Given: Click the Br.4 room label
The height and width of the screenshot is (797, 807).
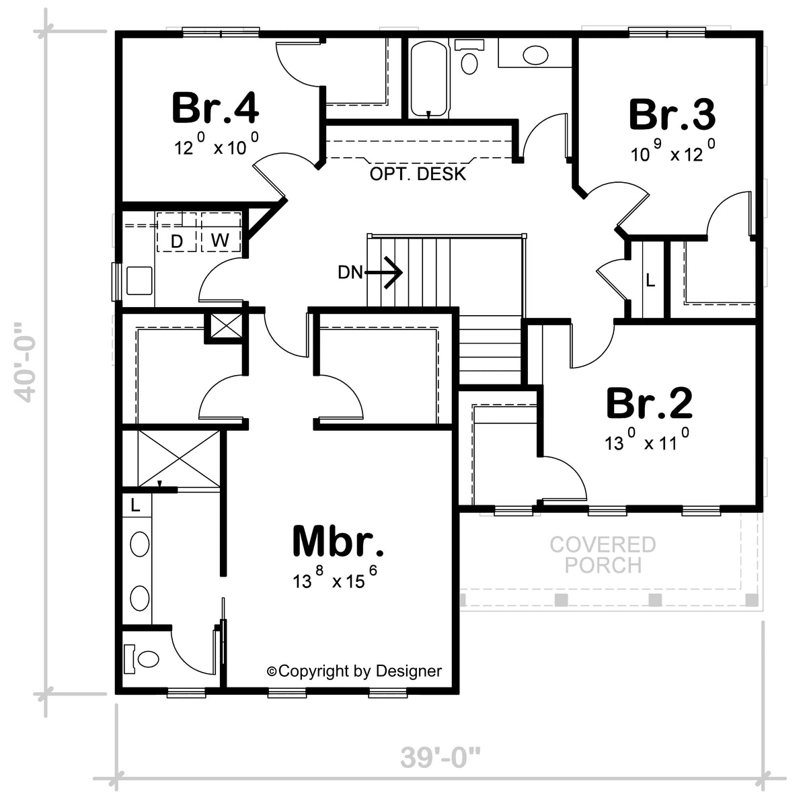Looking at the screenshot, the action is coord(215,108).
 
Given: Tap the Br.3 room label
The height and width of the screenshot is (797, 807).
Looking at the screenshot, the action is coord(672,114).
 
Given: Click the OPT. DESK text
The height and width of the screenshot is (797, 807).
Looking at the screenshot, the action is coord(418,174).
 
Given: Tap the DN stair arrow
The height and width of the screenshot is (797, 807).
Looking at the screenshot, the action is coord(383,273).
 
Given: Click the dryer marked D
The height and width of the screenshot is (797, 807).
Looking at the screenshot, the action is coord(177,233).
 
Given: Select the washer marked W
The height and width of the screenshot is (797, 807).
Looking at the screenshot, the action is coord(221,233).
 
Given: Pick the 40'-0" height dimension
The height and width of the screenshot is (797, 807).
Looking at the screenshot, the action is coord(24,362).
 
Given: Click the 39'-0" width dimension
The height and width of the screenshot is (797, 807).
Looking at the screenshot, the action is coord(440,757).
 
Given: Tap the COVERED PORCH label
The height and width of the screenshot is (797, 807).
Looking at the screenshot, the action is coord(603,554).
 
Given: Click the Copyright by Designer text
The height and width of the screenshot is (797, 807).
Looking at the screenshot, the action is coord(354,671).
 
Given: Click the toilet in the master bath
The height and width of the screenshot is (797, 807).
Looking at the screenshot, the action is coord(142,659).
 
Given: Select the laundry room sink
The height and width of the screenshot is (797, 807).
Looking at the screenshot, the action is coord(139,281).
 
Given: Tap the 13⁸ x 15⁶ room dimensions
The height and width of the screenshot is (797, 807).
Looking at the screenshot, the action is coord(335,579).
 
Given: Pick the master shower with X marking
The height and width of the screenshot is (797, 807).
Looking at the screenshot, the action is coord(179,458).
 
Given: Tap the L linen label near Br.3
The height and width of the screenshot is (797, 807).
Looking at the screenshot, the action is coord(650,280).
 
